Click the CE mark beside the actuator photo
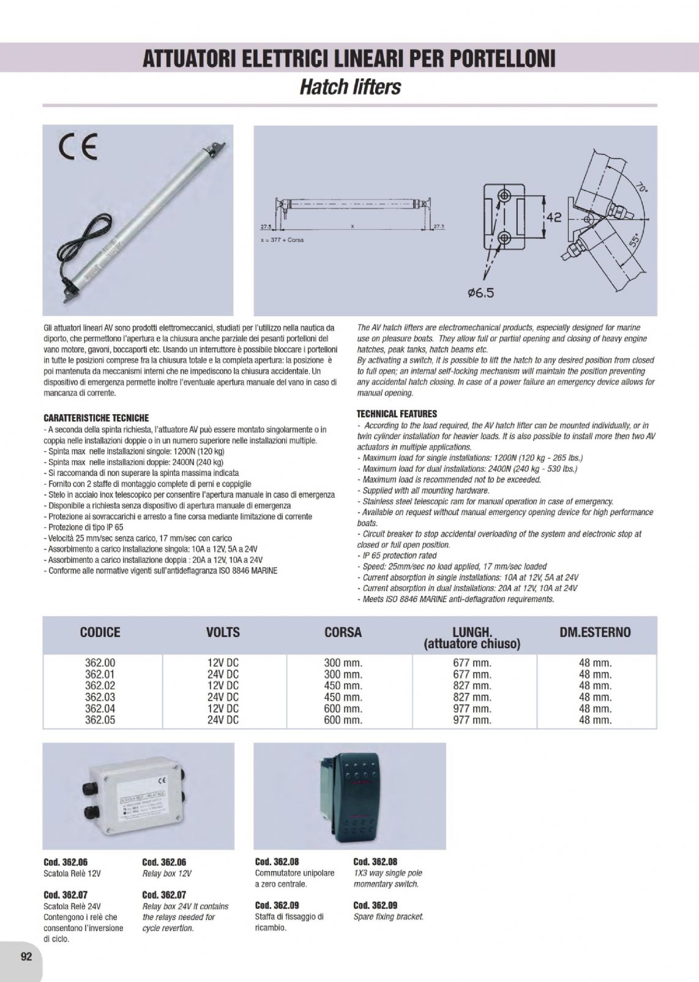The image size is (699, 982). (x=77, y=149)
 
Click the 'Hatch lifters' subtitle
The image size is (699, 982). (x=349, y=87)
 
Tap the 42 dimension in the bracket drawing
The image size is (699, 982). (x=553, y=217)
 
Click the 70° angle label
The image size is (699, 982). (x=637, y=186)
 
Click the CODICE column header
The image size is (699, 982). (x=100, y=632)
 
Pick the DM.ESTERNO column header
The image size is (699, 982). (x=595, y=632)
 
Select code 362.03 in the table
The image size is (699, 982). (x=100, y=697)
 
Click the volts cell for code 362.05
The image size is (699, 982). (x=223, y=720)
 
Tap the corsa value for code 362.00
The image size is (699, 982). (x=343, y=663)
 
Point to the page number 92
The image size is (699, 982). (x=26, y=957)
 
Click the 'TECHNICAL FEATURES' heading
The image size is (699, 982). (x=397, y=414)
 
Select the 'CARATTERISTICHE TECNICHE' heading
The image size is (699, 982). (x=96, y=418)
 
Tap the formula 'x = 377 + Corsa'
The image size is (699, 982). (x=282, y=240)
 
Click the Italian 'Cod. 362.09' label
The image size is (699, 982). (x=277, y=905)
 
